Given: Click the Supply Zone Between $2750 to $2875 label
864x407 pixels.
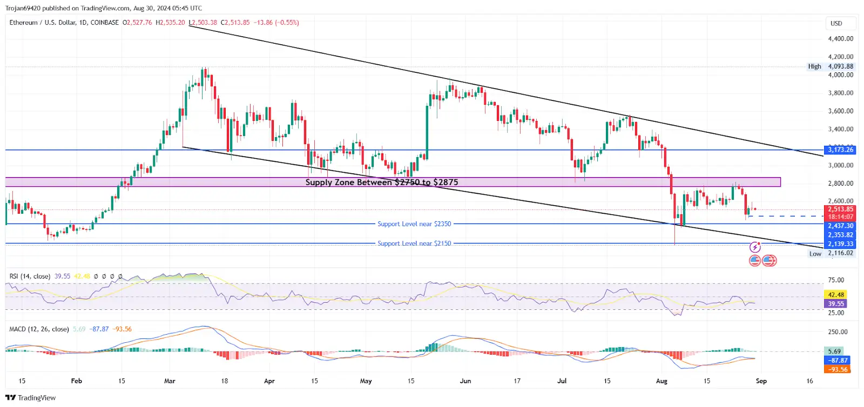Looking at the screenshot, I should tap(381, 182).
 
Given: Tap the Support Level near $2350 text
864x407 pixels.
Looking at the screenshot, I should tap(414, 224).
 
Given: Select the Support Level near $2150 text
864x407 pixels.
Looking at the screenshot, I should tap(414, 243).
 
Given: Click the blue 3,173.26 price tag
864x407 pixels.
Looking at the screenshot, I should tap(840, 150).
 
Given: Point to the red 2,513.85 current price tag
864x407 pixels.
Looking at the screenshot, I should tap(840, 209).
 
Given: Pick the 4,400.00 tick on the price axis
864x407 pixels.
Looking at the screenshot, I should tap(840, 39).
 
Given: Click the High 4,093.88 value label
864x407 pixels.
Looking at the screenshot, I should tap(840, 66).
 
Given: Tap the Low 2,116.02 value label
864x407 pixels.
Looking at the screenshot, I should tap(840, 253).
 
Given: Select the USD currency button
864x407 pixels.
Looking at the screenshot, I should tap(836, 23).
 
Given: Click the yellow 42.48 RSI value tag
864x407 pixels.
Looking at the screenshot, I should tap(836, 295).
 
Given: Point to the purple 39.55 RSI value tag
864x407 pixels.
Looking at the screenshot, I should tap(836, 304).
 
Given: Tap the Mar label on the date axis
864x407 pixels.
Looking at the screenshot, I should tap(170, 381).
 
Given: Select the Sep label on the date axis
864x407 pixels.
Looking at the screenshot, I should tap(761, 381).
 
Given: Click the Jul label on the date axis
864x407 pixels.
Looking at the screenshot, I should tap(562, 381).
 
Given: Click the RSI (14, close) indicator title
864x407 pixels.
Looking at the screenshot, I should tap(30, 276).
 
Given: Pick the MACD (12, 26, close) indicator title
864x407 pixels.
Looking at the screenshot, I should tap(39, 329).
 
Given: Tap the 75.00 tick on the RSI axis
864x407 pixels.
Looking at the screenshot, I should tap(836, 280).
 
